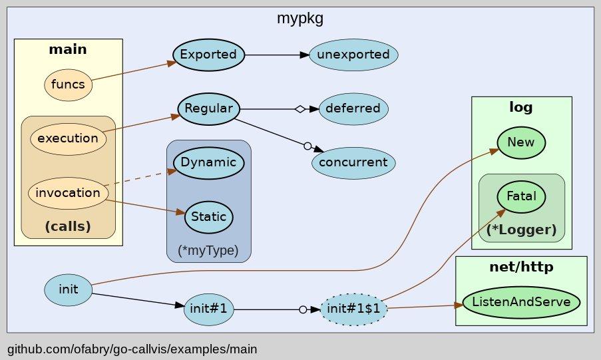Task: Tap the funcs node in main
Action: click(x=68, y=85)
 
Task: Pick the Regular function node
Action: click(x=208, y=108)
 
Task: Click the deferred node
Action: click(x=353, y=108)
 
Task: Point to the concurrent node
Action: click(x=353, y=162)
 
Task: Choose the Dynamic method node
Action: click(x=208, y=162)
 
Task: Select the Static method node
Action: click(x=208, y=217)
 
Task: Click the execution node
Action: click(x=68, y=139)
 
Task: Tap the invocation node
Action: click(x=68, y=193)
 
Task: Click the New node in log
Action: click(x=522, y=142)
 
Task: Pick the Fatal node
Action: click(x=522, y=197)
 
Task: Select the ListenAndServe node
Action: click(x=521, y=302)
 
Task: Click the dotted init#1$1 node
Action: click(x=353, y=309)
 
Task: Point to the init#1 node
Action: click(x=208, y=309)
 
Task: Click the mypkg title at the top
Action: click(x=300, y=19)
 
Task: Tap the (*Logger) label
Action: click(x=522, y=230)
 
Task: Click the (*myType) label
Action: click(x=208, y=251)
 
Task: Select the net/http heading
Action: click(x=521, y=268)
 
